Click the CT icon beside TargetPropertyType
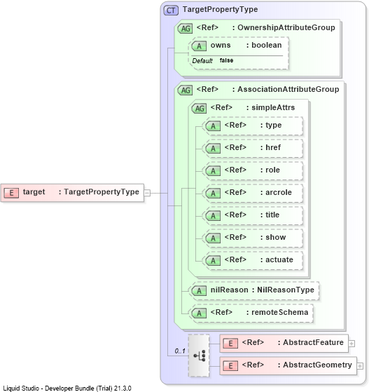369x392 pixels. [x=171, y=11]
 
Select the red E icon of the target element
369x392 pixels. [x=11, y=193]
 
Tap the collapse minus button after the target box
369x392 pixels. [x=147, y=193]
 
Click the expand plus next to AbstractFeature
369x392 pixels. [x=351, y=344]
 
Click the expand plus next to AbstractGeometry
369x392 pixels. [x=360, y=366]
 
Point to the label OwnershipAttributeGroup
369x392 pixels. [x=286, y=27]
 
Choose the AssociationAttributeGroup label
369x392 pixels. [x=288, y=89]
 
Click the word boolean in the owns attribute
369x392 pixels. [x=266, y=45]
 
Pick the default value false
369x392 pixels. [x=226, y=60]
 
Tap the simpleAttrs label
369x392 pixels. [x=273, y=107]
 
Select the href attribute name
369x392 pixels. [x=273, y=147]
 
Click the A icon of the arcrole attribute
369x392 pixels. [x=213, y=194]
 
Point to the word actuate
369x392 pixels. [x=279, y=259]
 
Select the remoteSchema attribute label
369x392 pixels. [x=279, y=312]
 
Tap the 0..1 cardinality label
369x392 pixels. [x=180, y=351]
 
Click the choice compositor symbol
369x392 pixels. [x=199, y=356]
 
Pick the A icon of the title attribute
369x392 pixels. [x=213, y=216]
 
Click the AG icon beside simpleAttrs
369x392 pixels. [x=199, y=109]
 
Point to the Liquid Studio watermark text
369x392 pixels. [x=67, y=388]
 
